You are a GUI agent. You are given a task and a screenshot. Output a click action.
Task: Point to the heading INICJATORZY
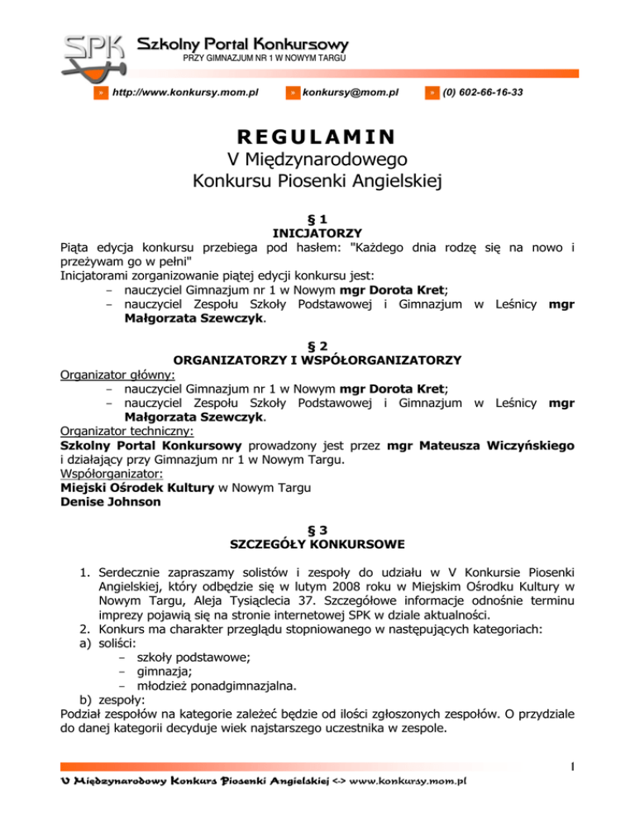click(x=317, y=232)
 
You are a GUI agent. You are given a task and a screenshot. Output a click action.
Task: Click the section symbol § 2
click(x=317, y=346)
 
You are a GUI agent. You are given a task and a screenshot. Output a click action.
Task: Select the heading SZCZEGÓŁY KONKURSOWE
click(x=317, y=543)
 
